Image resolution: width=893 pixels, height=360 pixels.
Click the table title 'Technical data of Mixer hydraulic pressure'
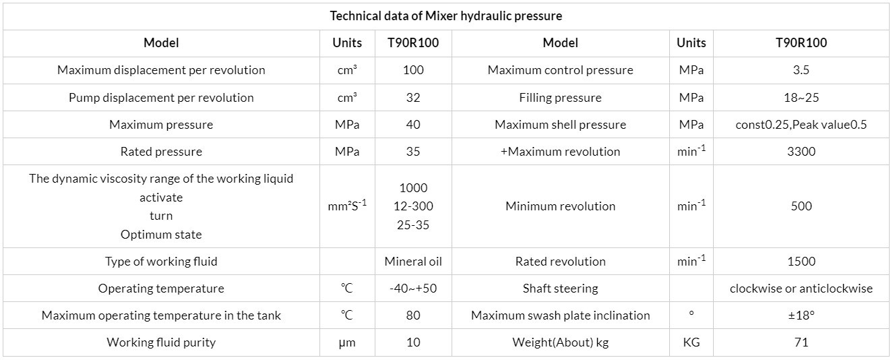(445, 16)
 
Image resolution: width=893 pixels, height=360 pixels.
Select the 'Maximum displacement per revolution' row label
(161, 70)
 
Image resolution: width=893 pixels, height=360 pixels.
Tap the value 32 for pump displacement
(413, 98)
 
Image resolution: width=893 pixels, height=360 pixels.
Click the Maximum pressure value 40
(413, 125)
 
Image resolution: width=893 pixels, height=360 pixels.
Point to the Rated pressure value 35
(413, 152)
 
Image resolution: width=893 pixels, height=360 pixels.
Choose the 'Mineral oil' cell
(413, 262)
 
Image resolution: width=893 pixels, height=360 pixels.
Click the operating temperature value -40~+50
(413, 289)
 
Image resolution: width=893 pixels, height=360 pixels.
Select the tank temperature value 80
(413, 316)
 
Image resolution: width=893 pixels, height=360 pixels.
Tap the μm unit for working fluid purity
(347, 342)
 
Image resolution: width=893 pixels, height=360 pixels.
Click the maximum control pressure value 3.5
(801, 70)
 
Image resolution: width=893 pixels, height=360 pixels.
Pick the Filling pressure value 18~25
(801, 98)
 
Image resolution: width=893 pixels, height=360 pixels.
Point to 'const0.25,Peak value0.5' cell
(801, 125)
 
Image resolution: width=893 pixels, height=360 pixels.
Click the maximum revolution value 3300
(801, 152)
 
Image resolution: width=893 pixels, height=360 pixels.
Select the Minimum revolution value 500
(801, 206)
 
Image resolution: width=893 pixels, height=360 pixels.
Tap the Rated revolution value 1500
(801, 262)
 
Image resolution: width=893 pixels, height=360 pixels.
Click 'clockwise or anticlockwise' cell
(801, 289)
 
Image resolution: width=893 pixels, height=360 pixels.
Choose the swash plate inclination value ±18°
(801, 316)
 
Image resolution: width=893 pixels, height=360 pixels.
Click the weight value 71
(801, 342)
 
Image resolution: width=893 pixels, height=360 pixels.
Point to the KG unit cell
(691, 342)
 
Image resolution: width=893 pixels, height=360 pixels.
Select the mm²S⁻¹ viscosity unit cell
(347, 206)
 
